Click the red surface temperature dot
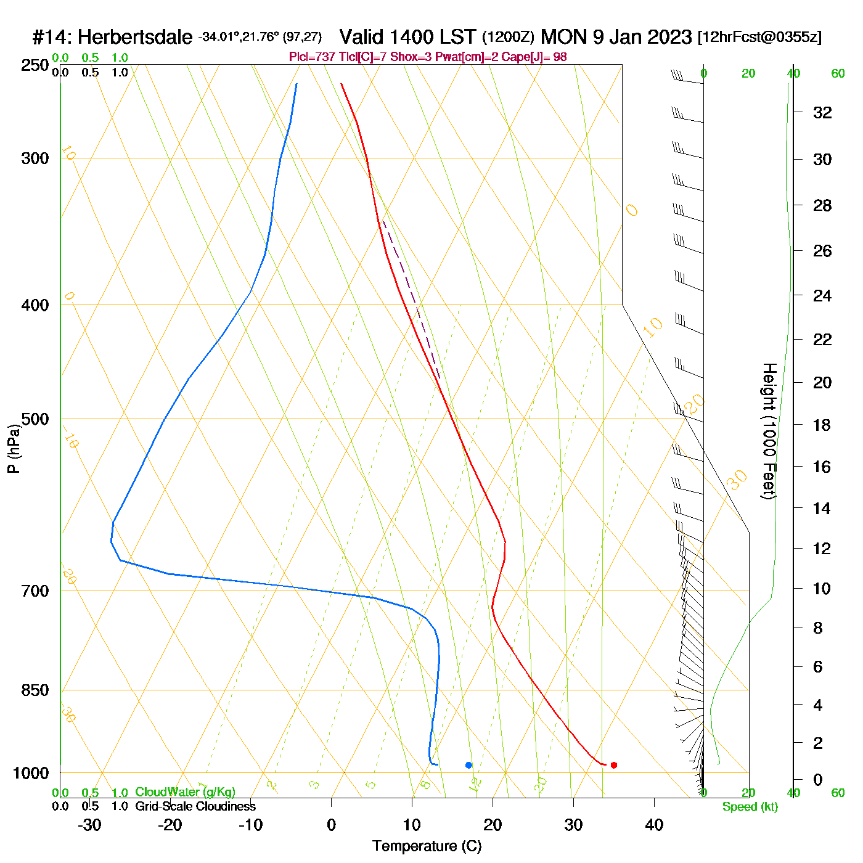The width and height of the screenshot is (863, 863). [x=613, y=765]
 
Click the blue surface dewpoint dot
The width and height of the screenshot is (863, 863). [x=468, y=765]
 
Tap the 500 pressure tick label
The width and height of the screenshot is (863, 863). [x=35, y=419]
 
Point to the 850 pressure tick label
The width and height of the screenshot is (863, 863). [x=35, y=690]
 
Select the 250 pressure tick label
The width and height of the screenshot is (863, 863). [x=35, y=65]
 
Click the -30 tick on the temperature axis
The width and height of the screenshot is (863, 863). [x=89, y=825]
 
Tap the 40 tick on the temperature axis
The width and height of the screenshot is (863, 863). [x=654, y=825]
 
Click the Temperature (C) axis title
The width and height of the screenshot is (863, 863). [x=427, y=846]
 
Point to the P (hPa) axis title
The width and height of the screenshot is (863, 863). [x=14, y=449]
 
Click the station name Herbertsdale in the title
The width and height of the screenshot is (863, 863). [x=135, y=38]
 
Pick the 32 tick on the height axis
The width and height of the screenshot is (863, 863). [x=822, y=113]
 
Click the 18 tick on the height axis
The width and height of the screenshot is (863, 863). [x=822, y=425]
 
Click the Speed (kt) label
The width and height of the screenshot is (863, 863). [x=750, y=807]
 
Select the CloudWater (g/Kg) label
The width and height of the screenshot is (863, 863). [x=185, y=792]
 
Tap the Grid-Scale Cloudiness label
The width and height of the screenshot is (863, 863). [x=195, y=806]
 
